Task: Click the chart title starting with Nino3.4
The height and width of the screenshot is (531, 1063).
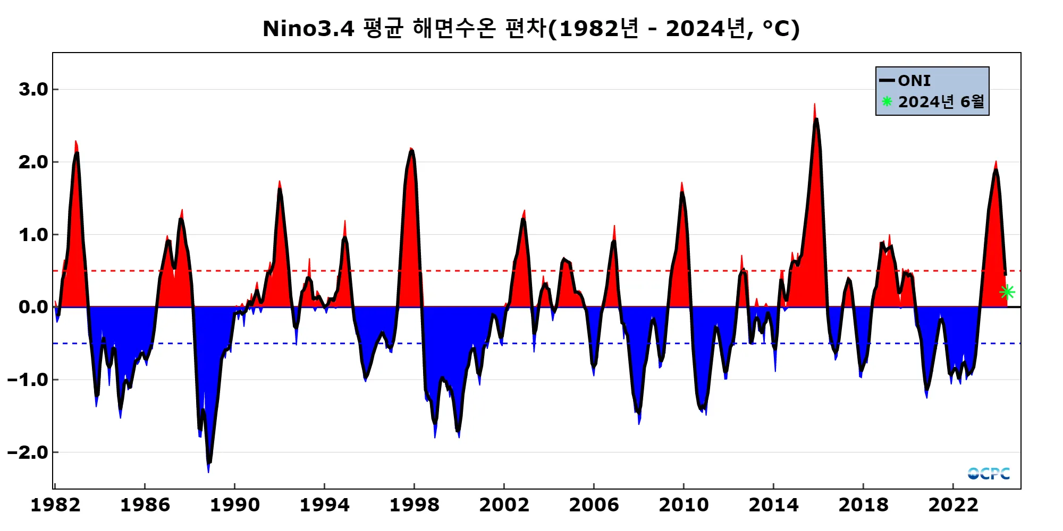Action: point(531,29)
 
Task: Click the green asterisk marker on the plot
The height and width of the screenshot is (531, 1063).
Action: point(1007,292)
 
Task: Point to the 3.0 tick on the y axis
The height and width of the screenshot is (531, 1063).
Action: point(33,89)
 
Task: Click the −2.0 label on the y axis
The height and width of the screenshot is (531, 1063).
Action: point(28,452)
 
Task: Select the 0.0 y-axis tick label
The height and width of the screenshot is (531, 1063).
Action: point(33,307)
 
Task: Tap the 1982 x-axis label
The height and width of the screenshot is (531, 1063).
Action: point(55,504)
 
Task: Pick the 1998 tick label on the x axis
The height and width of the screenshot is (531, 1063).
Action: point(415,504)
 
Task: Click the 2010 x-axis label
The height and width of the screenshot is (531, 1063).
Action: point(684,504)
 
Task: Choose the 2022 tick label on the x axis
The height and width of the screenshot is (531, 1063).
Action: point(953,504)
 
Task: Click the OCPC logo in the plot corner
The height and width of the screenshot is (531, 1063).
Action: point(989,473)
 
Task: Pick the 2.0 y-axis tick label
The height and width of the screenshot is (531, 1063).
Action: point(33,162)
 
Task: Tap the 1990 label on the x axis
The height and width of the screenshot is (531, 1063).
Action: point(235,504)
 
